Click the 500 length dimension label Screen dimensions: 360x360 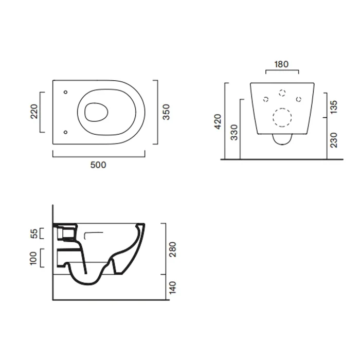coord(98,165)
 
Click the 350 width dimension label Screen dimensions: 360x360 coord(166,112)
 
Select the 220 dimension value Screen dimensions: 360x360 coord(34,112)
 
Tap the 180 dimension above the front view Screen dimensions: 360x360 coord(281,64)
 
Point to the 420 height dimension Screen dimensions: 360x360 coord(218,121)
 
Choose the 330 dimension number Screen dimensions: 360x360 coord(234,133)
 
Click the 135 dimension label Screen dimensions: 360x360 coord(333,107)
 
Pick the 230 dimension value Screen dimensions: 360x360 coord(333,140)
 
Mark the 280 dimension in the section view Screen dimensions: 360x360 coord(172,249)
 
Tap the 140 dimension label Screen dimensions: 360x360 coord(172,287)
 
